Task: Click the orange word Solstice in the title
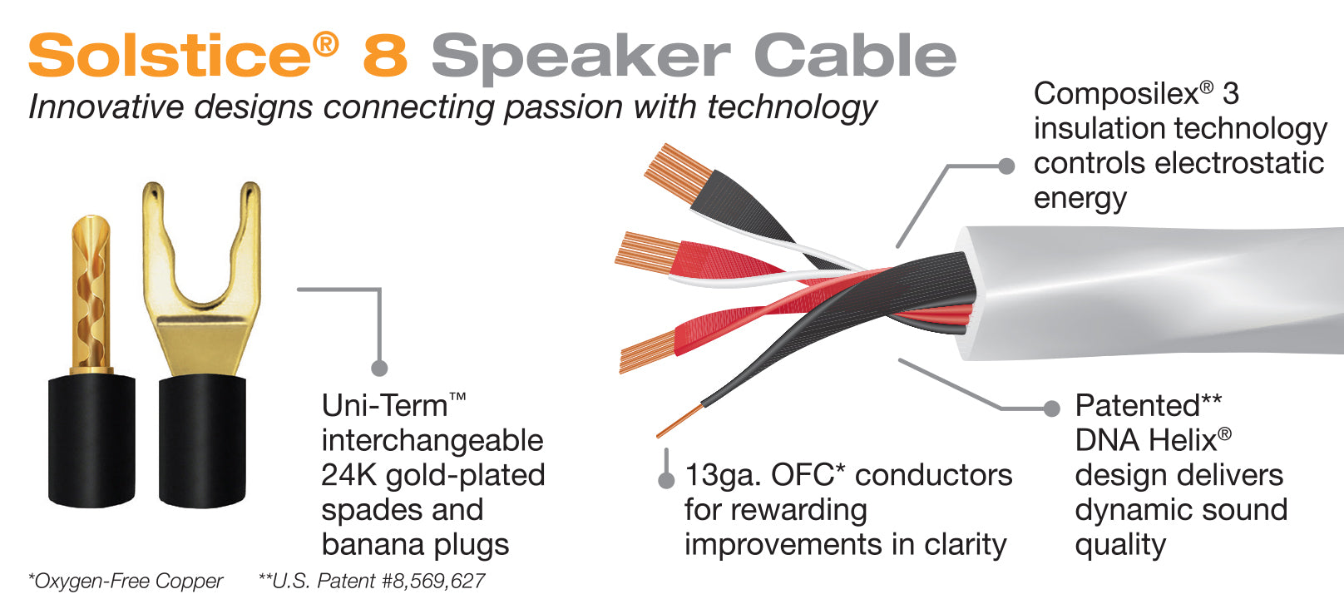point(170,55)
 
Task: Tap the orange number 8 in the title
point(385,55)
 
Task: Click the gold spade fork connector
point(201,276)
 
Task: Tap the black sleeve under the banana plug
point(91,440)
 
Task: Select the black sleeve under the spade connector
point(202,441)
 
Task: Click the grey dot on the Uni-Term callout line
point(379,368)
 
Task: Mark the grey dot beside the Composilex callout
point(1006,166)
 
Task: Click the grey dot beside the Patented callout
point(1051,408)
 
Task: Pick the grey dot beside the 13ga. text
point(666,481)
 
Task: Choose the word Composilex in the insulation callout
point(1116,95)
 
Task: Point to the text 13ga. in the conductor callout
point(723,476)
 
